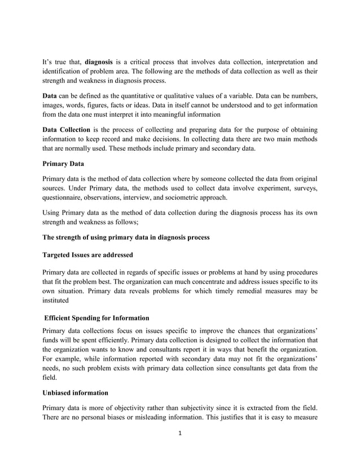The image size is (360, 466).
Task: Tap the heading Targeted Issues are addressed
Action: (89, 254)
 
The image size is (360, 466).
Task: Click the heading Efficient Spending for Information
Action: (97, 318)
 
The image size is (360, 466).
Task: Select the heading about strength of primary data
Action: (126, 238)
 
